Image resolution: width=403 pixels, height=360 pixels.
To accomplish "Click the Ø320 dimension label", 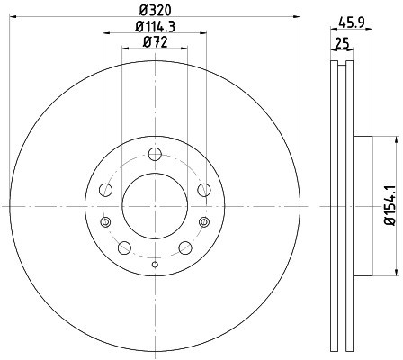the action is pos(155,11).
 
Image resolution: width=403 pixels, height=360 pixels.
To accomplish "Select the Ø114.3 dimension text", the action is pos(155,27).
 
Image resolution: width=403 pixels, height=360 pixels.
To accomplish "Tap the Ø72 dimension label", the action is pos(155,42).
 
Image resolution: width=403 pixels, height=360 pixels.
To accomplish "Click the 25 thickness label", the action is pos(342,44).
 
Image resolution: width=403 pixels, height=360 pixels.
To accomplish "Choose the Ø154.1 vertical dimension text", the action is pos(390,205).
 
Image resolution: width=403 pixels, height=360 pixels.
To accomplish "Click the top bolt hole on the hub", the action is pos(155,154).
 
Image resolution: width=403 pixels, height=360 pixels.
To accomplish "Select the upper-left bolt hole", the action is pos(105,190).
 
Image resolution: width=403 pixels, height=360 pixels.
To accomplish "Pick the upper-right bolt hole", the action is pos(204,190).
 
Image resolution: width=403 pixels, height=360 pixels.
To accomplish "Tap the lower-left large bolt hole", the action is pos(124,247).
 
